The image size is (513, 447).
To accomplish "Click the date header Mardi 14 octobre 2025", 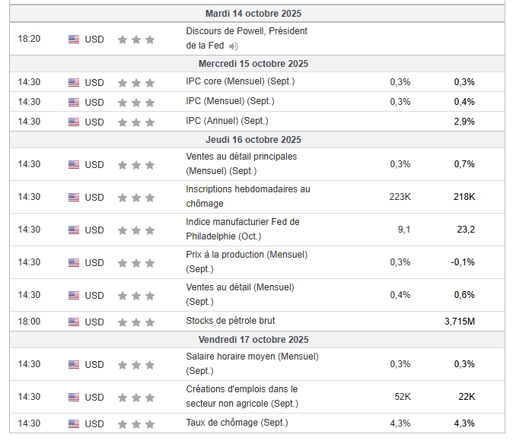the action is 253,14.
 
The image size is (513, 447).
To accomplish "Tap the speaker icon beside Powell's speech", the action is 234,46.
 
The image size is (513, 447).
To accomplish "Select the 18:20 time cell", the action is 29,39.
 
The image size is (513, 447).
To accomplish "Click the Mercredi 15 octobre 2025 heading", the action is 253,63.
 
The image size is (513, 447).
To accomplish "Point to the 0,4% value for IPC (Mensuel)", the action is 464,102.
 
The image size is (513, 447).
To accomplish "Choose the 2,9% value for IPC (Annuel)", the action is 464,122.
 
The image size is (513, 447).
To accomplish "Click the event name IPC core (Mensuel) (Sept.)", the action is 241,81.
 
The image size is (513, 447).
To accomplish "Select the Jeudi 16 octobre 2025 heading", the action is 253,140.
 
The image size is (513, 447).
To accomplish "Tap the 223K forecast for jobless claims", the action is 400,197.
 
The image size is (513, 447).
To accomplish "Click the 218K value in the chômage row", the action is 464,197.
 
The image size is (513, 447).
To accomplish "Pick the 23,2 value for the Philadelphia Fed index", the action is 466,230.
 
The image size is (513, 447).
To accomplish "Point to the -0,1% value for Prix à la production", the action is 463,262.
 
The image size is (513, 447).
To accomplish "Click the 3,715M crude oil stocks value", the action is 460,322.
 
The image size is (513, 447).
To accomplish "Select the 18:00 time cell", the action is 29,322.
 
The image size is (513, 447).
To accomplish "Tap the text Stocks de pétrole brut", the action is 231,321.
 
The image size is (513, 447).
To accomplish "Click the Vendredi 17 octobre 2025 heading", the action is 253,340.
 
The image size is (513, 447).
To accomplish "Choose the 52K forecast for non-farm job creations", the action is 403,397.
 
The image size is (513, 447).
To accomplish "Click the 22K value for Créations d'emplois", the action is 467,397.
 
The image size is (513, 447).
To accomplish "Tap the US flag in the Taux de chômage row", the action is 74,423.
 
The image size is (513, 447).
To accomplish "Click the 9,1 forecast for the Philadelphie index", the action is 404,230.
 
